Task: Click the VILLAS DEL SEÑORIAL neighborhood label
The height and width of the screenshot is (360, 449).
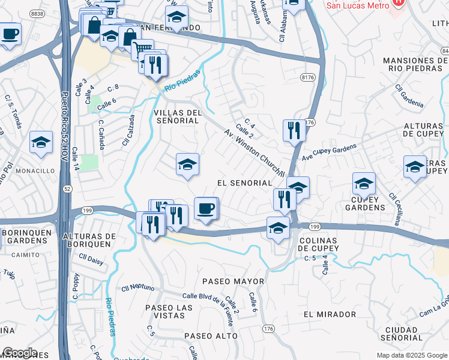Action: pos(176,116)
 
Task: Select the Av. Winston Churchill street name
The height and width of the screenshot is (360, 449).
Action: pos(254,151)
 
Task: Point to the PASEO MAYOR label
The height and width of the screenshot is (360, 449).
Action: pos(233,281)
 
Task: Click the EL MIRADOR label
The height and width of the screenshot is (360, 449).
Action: pos(330,314)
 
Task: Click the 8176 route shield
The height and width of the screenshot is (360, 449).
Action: pos(309,77)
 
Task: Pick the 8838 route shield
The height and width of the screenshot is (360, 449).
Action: pos(37,13)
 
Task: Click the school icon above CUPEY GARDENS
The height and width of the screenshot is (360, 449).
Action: pos(364,183)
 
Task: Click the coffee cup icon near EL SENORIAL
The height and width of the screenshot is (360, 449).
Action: pos(206,208)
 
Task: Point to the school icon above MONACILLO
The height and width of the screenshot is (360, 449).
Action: pos(41,142)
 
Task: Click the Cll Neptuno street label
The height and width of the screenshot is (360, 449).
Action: pos(138,287)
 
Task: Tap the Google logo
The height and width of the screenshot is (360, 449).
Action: pos(20,353)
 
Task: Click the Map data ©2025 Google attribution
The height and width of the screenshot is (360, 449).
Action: pos(411,355)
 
